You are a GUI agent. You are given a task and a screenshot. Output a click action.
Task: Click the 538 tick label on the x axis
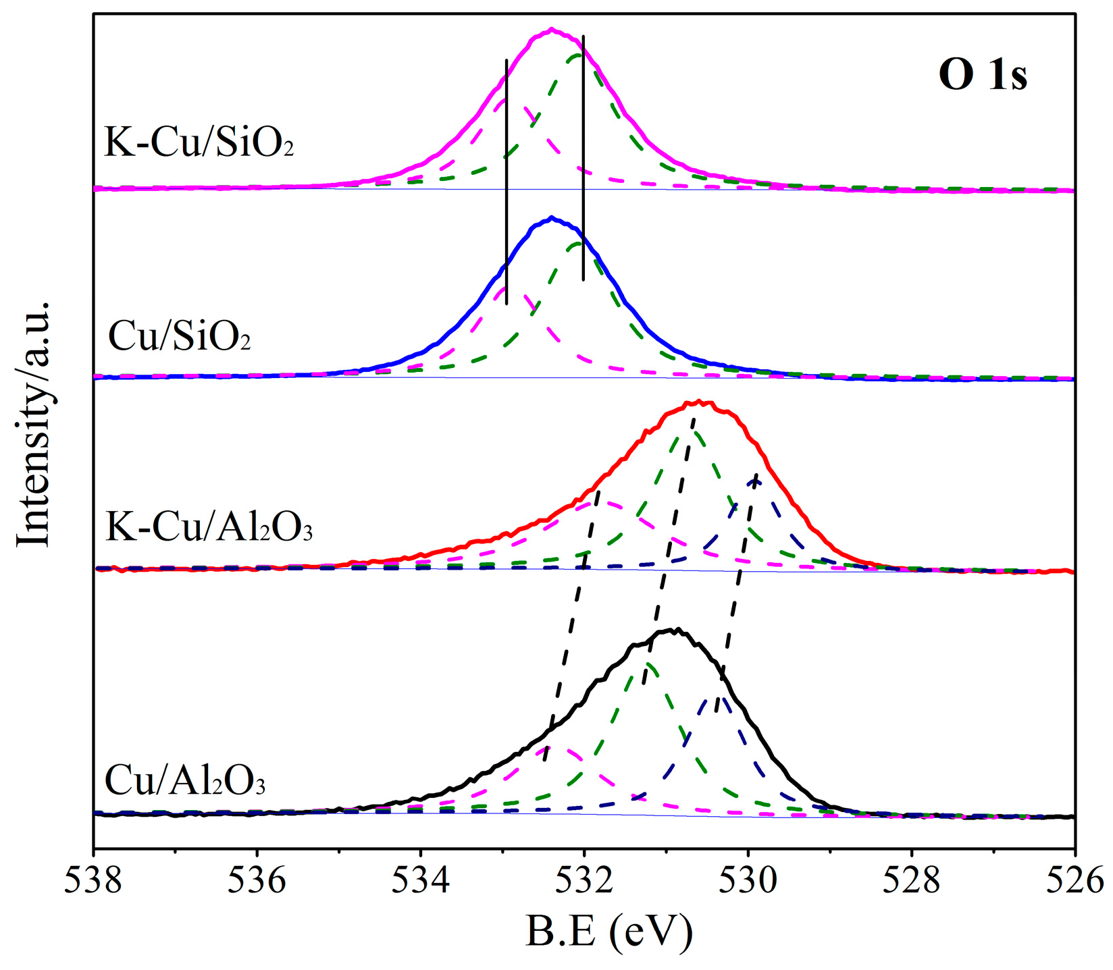(x=94, y=882)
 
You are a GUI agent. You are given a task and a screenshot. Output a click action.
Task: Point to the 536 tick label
(x=257, y=882)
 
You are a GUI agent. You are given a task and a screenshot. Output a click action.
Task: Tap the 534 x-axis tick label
(x=421, y=882)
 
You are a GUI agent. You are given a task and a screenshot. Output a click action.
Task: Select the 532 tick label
(x=584, y=882)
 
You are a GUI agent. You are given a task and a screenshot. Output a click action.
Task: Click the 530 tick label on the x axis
(x=748, y=882)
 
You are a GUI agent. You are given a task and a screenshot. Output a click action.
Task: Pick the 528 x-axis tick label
(x=912, y=882)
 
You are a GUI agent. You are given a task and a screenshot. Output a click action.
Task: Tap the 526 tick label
(x=1074, y=882)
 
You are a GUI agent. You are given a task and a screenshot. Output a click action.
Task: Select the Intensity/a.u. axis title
(x=34, y=423)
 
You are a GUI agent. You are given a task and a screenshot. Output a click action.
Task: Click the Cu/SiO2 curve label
(x=180, y=335)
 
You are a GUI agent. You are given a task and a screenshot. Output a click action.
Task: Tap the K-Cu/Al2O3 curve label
(x=209, y=527)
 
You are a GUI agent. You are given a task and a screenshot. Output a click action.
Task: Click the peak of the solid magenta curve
(x=552, y=29)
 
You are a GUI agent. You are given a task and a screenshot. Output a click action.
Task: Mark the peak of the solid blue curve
(x=552, y=217)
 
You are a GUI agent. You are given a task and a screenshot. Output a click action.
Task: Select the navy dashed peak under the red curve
(x=756, y=480)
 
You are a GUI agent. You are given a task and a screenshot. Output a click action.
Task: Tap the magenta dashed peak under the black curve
(x=554, y=747)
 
